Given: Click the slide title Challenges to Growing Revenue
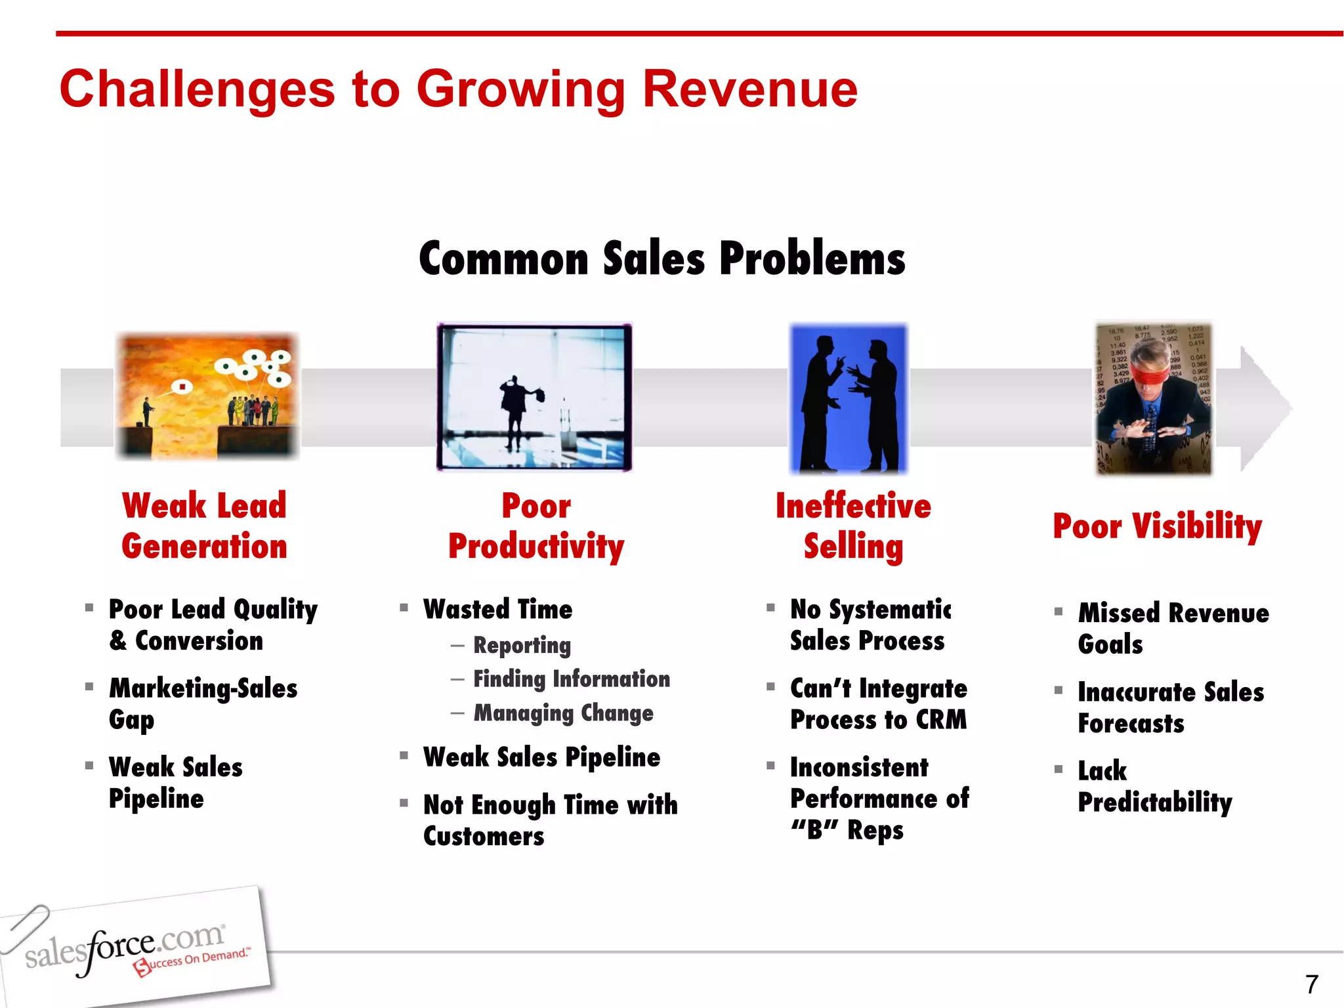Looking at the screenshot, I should coord(458,89).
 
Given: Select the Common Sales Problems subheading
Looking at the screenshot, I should coord(661,259).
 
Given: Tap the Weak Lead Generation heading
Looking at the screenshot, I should coord(204,526).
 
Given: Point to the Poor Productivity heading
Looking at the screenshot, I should coord(536,526).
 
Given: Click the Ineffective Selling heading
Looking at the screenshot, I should coord(853,526).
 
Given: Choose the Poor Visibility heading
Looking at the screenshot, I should coord(1157,526).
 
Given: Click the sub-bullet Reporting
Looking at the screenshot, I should coord(522,645).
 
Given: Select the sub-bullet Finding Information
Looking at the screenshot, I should coord(572,679).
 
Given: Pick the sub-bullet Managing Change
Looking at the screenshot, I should coord(563,713).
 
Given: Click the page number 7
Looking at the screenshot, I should coord(1311,984).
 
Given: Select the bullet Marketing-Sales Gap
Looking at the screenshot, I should coord(203,703).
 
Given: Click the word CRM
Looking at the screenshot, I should coord(941,720).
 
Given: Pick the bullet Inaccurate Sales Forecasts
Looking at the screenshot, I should coord(1170,707).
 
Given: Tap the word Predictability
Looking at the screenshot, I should coord(1154,802).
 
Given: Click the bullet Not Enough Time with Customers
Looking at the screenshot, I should coord(550,820).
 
